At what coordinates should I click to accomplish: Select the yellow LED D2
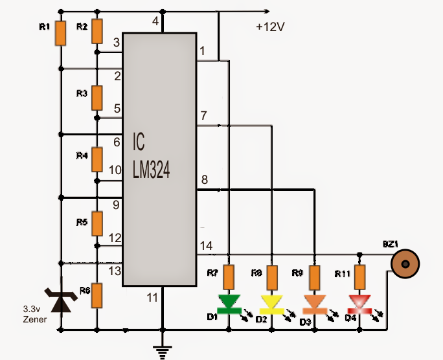pyautogui.click(x=271, y=302)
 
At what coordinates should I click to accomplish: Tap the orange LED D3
pyautogui.click(x=314, y=302)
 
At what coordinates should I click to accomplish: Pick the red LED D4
pyautogui.click(x=358, y=302)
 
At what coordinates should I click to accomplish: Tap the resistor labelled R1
pyautogui.click(x=60, y=33)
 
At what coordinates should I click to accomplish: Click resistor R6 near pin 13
pyautogui.click(x=97, y=295)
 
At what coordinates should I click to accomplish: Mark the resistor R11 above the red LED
pyautogui.click(x=358, y=278)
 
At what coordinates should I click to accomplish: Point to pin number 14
pyautogui.click(x=206, y=245)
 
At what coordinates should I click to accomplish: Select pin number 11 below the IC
pyautogui.click(x=152, y=298)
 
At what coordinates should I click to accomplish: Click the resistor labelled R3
pyautogui.click(x=97, y=97)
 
